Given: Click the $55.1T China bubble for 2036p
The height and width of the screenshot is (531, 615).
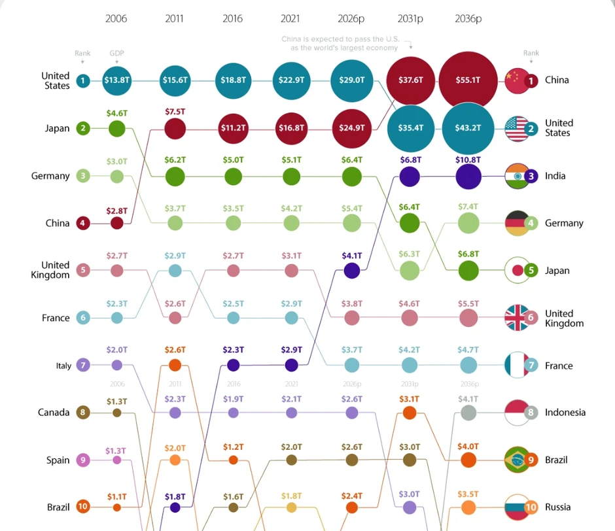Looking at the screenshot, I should click(x=468, y=80).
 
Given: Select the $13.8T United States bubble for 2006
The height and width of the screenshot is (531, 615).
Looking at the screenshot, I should click(x=116, y=80).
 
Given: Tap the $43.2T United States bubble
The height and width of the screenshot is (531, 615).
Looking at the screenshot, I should click(x=468, y=128).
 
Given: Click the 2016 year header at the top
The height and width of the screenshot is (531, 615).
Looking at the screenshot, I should click(x=233, y=19).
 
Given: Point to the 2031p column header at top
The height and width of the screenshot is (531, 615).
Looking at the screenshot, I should click(x=410, y=19).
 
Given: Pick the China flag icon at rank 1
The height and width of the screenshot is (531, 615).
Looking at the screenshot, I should click(x=516, y=80).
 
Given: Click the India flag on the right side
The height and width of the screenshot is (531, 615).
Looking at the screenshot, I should click(x=516, y=176).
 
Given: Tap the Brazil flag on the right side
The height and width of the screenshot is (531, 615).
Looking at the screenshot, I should click(x=516, y=460).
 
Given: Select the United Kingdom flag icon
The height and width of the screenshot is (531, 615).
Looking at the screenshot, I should click(x=516, y=318).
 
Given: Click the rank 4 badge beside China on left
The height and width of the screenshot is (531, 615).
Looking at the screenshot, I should click(x=82, y=223).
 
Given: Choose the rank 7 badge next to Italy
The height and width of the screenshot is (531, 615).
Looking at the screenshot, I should click(x=82, y=366).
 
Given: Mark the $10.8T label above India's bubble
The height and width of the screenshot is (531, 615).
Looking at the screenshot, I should click(x=468, y=160).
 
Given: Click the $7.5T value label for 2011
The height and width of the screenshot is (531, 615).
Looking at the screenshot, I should click(x=175, y=111).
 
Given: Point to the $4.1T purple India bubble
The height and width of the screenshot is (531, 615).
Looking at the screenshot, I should click(x=352, y=270).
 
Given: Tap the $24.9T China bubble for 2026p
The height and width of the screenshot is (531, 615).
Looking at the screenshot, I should click(x=352, y=128).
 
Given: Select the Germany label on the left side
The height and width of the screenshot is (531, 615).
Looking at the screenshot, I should click(x=50, y=176).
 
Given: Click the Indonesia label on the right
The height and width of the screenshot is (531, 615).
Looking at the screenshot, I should click(x=565, y=413).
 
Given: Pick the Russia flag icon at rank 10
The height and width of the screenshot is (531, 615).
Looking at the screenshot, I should click(x=516, y=507).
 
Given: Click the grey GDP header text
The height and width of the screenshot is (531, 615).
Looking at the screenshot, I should click(x=116, y=53).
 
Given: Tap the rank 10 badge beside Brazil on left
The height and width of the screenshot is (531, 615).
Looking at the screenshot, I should click(x=82, y=507).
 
